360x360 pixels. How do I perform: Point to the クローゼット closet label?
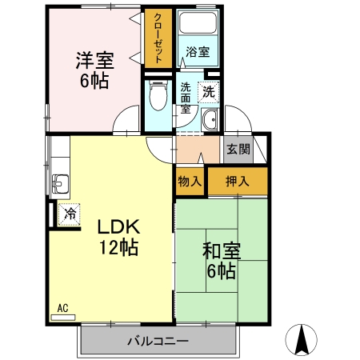click(x=157, y=38)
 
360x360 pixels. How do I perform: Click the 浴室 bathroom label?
click(x=198, y=52)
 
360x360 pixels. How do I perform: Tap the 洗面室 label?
click(x=186, y=98)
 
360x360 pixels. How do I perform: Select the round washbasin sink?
click(x=210, y=121)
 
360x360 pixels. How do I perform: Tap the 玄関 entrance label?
click(x=238, y=149)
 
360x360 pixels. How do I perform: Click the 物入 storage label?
click(x=190, y=182)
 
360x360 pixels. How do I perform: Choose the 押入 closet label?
click(x=237, y=181)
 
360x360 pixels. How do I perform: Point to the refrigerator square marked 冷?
click(x=69, y=214)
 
